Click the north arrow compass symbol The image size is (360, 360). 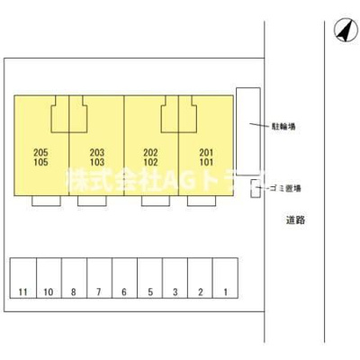point(346,30)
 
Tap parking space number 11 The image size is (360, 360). point(23,278)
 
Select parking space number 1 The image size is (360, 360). point(225,278)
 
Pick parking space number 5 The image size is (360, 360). point(150,278)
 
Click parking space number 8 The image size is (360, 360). point(74,278)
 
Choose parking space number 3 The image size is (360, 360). point(175,278)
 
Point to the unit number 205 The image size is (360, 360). point(40,153)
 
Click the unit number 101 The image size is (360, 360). point(206,162)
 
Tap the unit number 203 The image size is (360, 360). point(97,153)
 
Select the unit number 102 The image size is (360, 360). point(150,162)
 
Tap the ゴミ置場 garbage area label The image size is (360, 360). point(285,188)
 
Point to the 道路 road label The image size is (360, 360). point(295,220)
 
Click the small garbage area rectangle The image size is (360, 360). point(256,188)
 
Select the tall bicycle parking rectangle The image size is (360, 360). point(248,131)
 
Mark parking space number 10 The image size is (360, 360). point(49,278)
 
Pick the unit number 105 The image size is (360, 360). point(40,162)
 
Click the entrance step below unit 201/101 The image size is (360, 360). point(202,201)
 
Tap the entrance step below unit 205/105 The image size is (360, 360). point(46,201)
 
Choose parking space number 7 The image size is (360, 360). point(99,278)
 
